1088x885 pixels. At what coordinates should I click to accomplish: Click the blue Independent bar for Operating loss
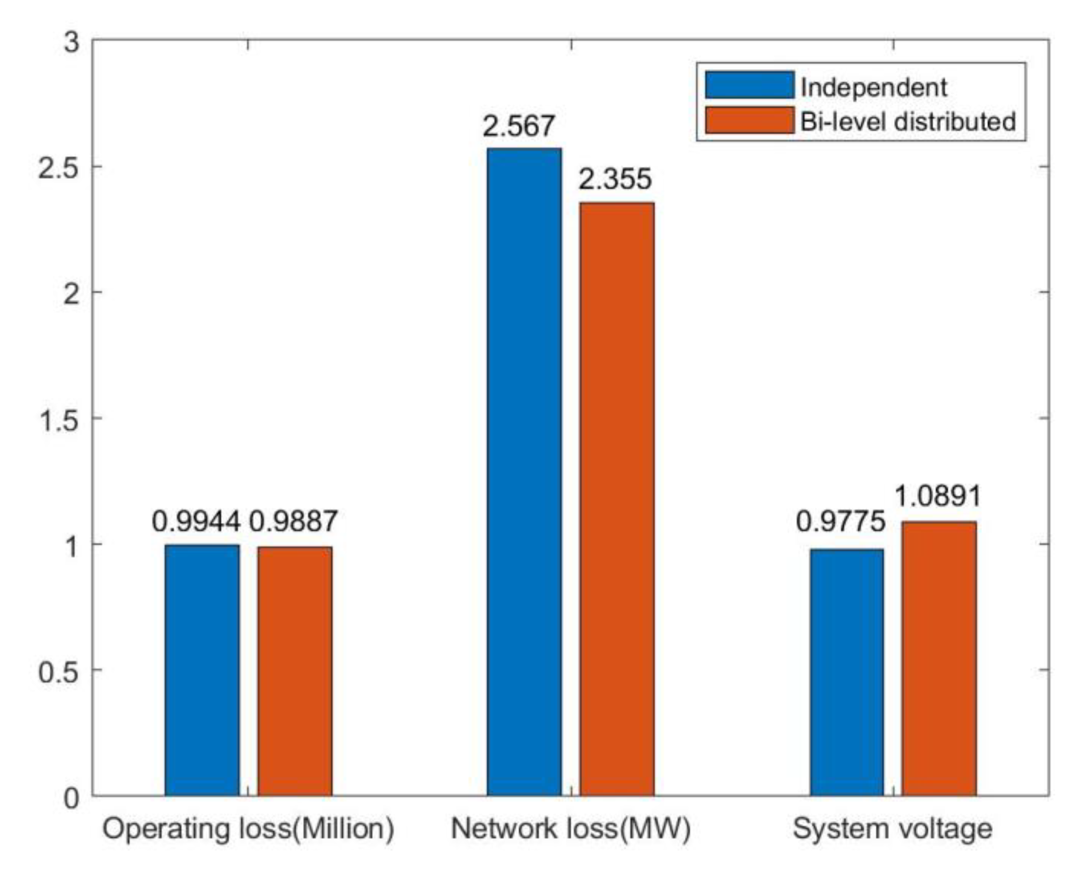pos(202,670)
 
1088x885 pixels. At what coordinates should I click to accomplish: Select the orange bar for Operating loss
pos(295,671)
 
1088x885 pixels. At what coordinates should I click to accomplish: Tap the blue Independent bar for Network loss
pos(524,471)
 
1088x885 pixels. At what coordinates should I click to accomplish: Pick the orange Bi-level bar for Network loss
pos(617,498)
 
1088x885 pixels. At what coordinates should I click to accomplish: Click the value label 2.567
pos(519,126)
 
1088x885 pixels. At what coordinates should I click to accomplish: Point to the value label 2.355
pos(615,179)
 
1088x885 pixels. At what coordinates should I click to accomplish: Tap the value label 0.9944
pos(196,521)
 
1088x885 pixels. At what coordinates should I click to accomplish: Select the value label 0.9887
pos(293,521)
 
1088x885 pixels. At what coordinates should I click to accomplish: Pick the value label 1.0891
pos(938,495)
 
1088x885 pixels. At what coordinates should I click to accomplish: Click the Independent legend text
pos(874,87)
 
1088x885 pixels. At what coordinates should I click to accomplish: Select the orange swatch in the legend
pos(749,121)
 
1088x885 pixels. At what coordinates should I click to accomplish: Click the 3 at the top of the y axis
pos(72,41)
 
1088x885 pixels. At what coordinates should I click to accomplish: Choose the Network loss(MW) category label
pos(571,829)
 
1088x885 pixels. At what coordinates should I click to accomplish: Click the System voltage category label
pos(893,829)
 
